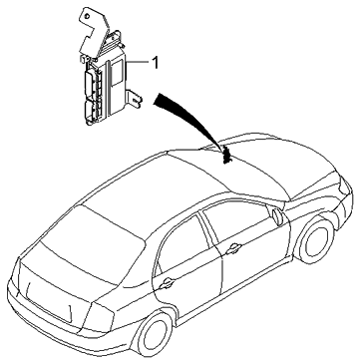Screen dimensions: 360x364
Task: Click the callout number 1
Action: (156, 62)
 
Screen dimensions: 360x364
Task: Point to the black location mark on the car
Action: (228, 153)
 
